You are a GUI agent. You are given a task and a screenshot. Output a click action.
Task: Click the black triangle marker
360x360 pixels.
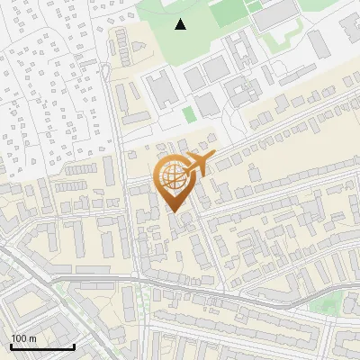(x=181, y=24)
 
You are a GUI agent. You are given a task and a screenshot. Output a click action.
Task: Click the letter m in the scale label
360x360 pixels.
(x=33, y=338)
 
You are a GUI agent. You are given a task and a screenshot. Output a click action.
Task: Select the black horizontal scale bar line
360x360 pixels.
(x=42, y=346)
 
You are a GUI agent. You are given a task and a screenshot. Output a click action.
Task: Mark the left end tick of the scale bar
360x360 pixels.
(x=11, y=345)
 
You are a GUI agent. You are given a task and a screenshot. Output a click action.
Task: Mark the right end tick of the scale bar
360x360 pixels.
(x=74, y=345)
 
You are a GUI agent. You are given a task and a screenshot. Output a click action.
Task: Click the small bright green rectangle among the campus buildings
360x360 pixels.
(x=188, y=114)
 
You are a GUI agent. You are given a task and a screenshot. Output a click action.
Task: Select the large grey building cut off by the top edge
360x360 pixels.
(x=279, y=9)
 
